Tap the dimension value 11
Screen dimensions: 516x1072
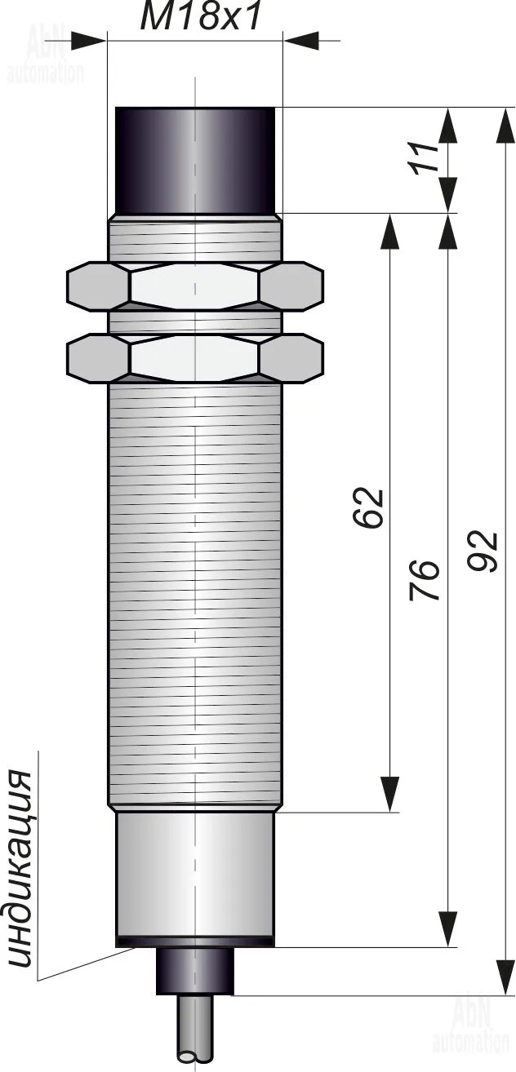[x=424, y=157]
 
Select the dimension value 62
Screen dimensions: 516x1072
[x=368, y=507]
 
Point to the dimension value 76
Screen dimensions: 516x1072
[x=424, y=579]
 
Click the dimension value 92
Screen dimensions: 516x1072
[x=483, y=551]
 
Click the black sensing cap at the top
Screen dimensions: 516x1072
[x=195, y=161]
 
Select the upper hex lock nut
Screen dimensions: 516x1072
[x=195, y=286]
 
